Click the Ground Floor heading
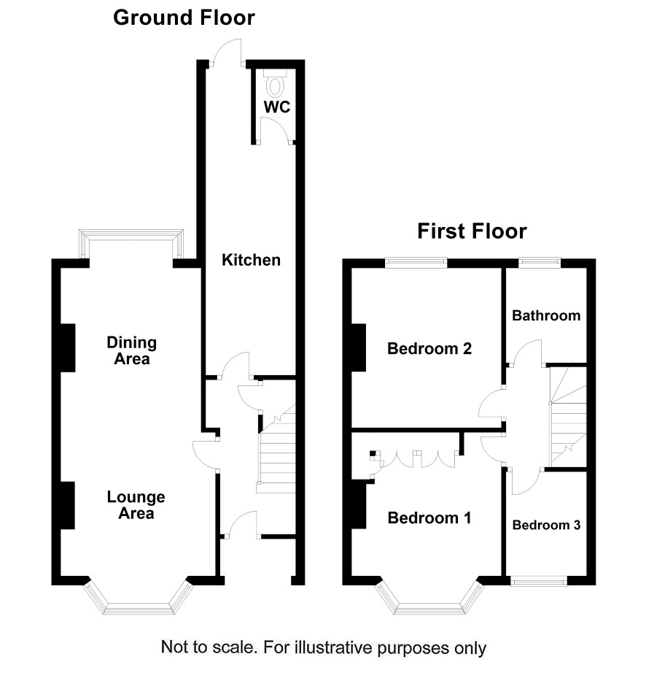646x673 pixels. coord(184,18)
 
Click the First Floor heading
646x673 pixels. coord(472,231)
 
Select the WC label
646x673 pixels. coord(277,107)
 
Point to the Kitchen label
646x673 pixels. coord(252,260)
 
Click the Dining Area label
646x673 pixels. coord(132,350)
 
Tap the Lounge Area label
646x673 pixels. coord(136,505)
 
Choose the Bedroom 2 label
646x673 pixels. coord(429,348)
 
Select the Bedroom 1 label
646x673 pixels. coord(429,518)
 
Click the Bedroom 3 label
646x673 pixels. coord(547,525)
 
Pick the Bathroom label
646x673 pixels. coord(547,316)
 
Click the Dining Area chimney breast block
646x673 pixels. coord(68,347)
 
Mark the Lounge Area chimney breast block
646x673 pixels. coord(68,505)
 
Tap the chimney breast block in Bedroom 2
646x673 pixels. coord(359,347)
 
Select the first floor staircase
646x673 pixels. coord(568,416)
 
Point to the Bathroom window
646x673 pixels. coord(540,262)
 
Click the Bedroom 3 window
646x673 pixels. coord(539,581)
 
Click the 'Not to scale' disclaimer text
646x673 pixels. coord(324,647)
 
